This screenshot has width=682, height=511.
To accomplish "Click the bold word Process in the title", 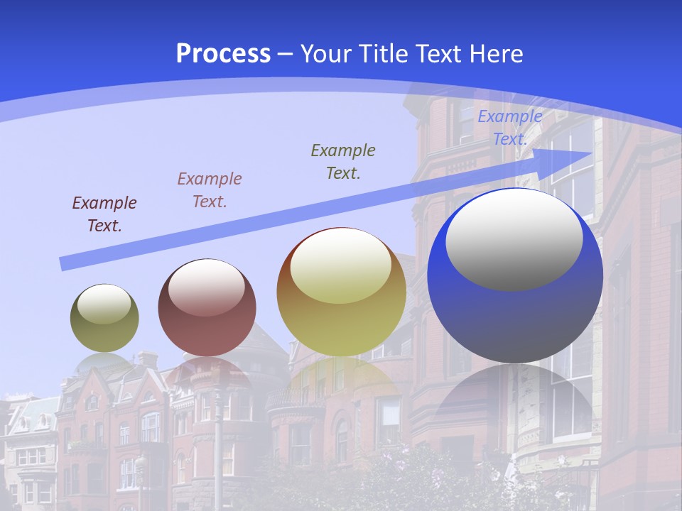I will [x=223, y=54].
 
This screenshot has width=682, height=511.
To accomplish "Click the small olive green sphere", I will [x=104, y=319].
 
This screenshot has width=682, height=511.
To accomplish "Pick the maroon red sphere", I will [x=207, y=308].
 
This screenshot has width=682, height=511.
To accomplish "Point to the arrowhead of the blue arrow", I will [x=579, y=155].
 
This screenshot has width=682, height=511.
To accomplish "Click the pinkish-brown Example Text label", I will [x=210, y=190].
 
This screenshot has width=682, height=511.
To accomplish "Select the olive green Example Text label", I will [x=343, y=161].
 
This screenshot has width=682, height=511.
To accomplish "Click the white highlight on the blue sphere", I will [x=514, y=238].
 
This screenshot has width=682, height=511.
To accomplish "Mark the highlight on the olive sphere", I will [x=104, y=304].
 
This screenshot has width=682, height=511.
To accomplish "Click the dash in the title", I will [x=285, y=54].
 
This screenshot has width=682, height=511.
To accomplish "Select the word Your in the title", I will [x=326, y=54].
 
